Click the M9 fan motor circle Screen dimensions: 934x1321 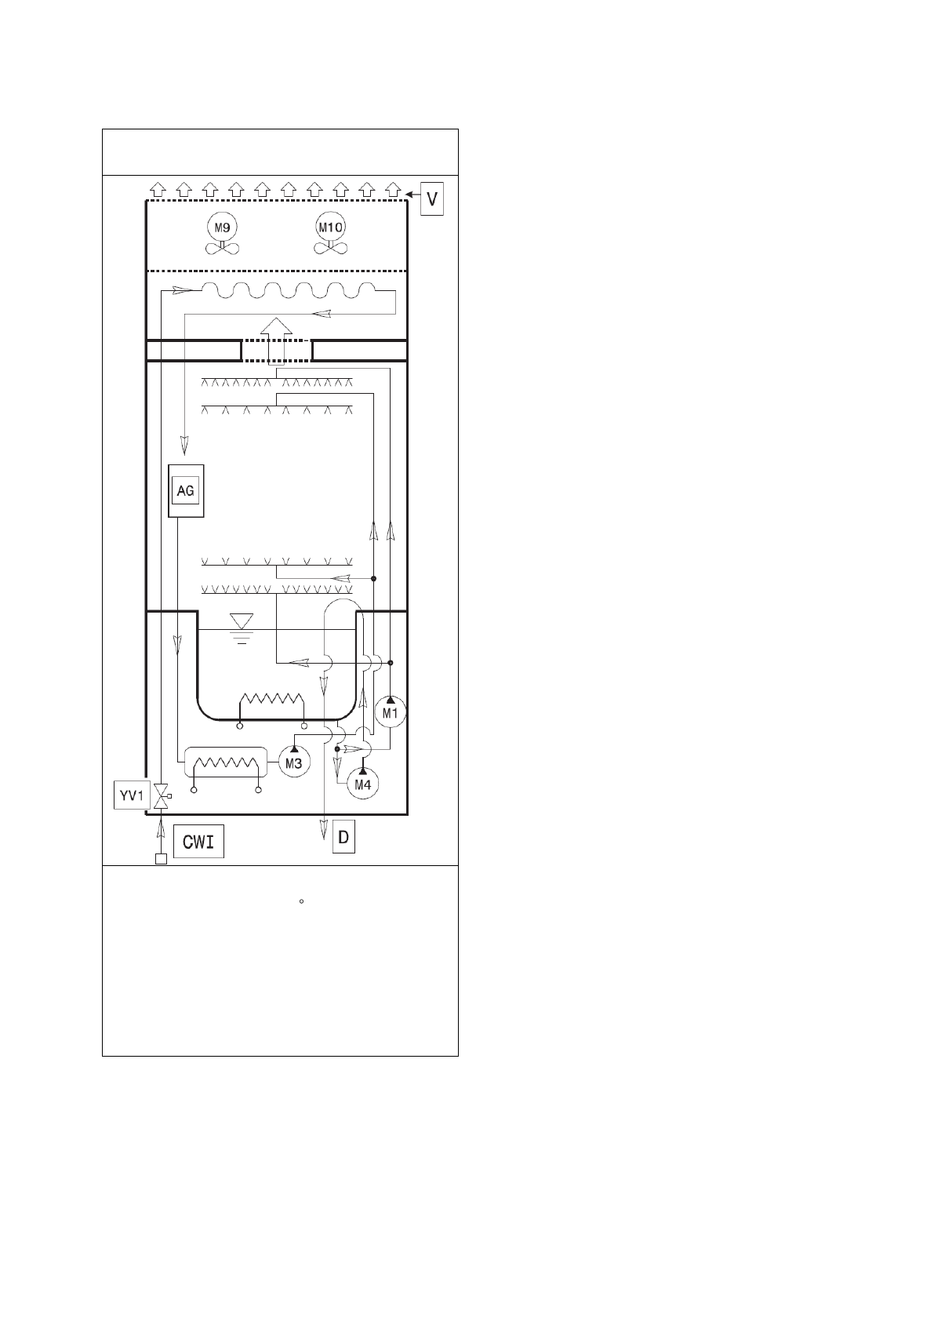pos(222,227)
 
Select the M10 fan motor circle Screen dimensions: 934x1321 pos(330,227)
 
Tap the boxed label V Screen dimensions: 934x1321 pos(432,199)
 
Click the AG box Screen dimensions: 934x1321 pos(186,490)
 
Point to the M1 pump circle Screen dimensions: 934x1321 pos(391,711)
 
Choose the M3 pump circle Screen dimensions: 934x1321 pos(293,762)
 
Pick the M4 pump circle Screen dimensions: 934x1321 pos(362,784)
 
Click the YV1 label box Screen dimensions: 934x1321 pos(132,795)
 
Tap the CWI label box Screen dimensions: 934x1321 pos(198,842)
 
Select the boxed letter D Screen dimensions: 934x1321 pos(343,837)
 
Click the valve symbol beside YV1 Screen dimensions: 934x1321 pos(161,796)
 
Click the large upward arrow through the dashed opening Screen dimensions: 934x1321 pos(276,340)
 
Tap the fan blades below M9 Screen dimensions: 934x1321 pos(222,249)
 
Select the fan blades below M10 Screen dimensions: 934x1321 pos(331,249)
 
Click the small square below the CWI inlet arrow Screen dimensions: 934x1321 pos(161,859)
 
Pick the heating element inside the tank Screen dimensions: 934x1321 pos(271,708)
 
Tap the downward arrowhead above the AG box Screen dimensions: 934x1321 pos(184,446)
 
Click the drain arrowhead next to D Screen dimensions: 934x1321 pos(323,829)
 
